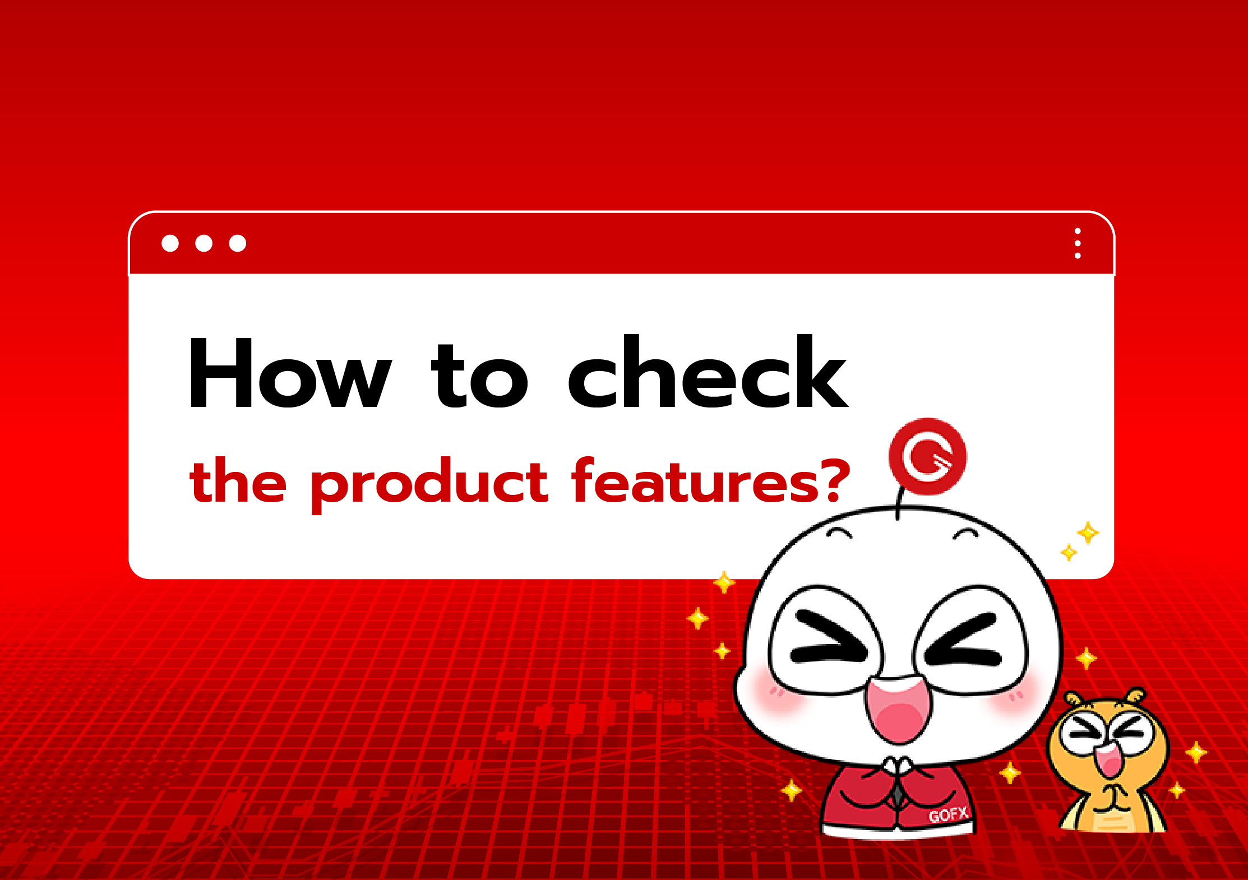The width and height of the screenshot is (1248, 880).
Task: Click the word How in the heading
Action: click(289, 373)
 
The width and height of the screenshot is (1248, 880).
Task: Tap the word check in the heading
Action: click(708, 373)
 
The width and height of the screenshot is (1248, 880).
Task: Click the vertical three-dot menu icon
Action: click(1077, 243)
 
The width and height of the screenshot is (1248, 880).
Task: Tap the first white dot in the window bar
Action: click(170, 243)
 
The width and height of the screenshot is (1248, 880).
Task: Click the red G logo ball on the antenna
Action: click(927, 456)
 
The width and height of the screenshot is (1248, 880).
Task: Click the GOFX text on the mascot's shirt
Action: click(948, 815)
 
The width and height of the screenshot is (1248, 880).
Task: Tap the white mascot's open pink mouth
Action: click(898, 710)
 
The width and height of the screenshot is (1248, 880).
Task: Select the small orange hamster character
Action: click(1108, 762)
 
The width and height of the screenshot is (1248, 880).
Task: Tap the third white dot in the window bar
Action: click(238, 243)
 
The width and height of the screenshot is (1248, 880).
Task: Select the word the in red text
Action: click(238, 480)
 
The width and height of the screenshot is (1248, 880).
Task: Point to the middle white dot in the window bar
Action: click(204, 243)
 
